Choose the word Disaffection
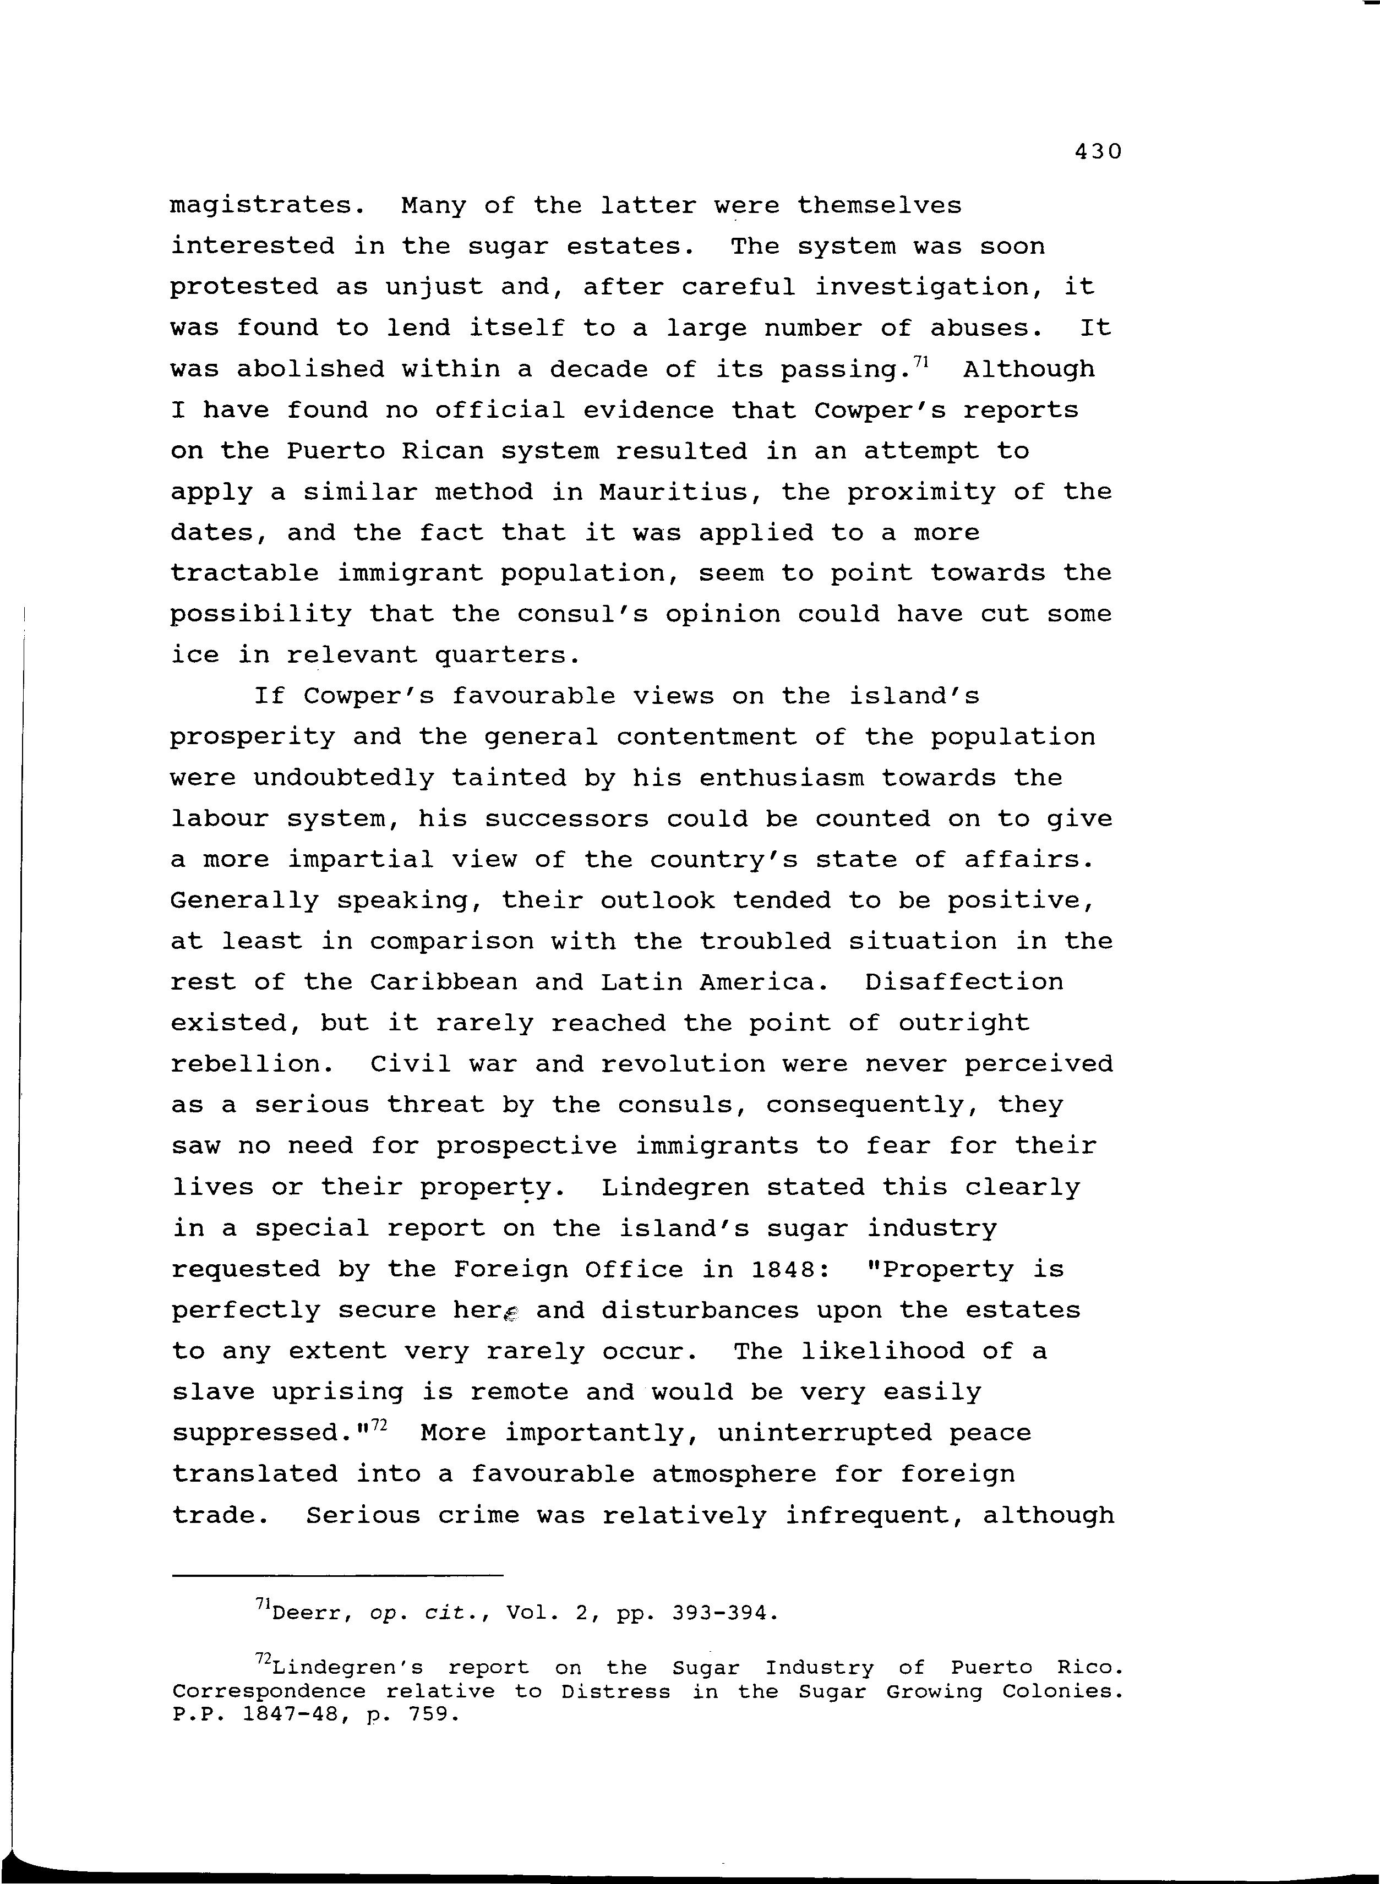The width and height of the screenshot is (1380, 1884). tap(964, 982)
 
